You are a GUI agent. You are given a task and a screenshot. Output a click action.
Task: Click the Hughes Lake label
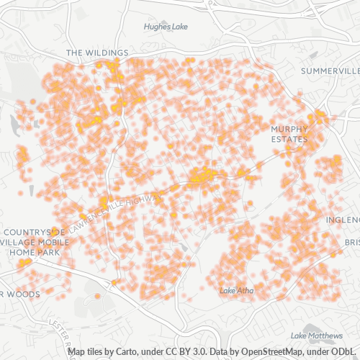(166, 27)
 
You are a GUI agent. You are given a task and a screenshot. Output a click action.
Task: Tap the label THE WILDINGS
(96, 53)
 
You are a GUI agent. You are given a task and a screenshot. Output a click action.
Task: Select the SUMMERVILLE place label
(330, 71)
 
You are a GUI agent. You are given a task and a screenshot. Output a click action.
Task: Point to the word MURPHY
(289, 129)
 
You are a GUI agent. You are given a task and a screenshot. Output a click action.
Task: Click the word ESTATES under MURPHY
(289, 138)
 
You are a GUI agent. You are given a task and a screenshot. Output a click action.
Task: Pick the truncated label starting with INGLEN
(342, 220)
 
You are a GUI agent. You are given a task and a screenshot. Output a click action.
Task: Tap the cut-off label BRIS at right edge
(351, 243)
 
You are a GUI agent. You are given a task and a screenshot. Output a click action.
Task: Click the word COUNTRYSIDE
(34, 232)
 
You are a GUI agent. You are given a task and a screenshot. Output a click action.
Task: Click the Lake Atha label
(237, 291)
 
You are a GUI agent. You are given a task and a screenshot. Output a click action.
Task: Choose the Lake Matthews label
(317, 336)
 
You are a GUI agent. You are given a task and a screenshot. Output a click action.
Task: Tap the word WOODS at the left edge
(24, 294)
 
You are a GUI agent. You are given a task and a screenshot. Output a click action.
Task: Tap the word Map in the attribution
(77, 352)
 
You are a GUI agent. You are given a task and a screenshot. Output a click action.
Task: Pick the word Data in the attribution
(215, 352)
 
